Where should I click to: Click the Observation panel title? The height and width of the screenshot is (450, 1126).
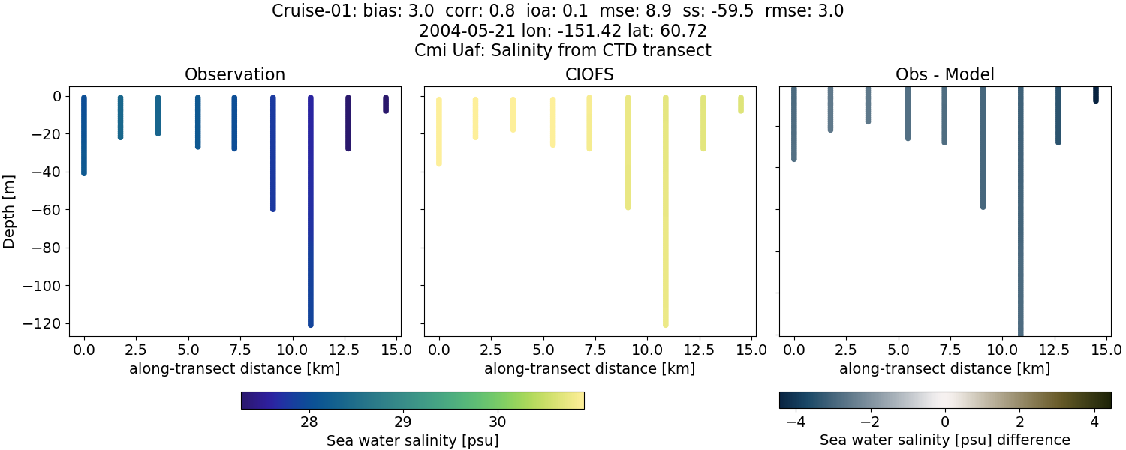pos(234,74)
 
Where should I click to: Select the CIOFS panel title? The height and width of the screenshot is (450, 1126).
pos(589,74)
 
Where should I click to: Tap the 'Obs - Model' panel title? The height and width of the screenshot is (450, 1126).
pos(944,74)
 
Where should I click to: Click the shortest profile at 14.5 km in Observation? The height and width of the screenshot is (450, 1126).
pos(386,104)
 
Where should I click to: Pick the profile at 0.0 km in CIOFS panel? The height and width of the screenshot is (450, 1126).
pos(439,131)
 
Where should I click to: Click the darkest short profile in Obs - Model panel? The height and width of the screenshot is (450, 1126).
pos(1095,94)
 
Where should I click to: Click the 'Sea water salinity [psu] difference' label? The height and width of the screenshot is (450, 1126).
pos(944,439)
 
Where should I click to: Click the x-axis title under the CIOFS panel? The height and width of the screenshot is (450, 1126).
pos(589,368)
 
